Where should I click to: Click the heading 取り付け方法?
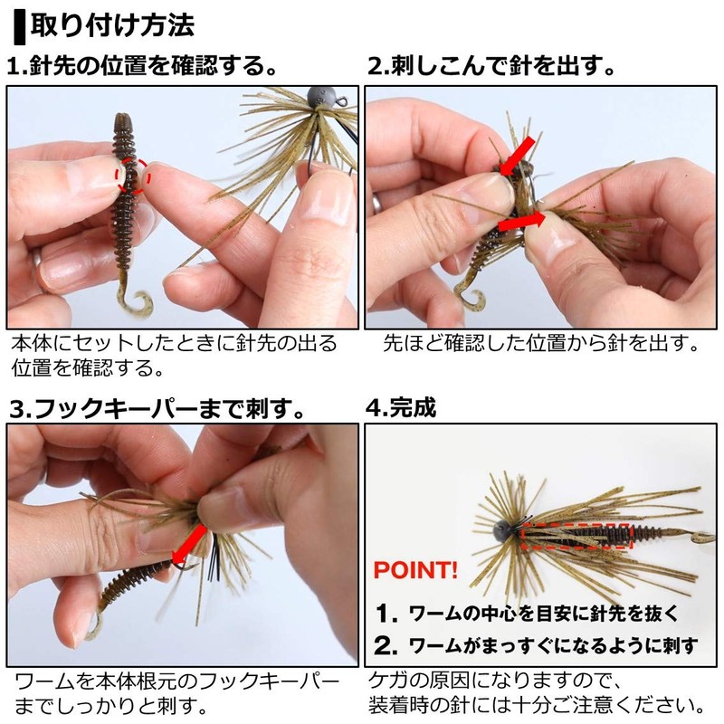(x=113, y=24)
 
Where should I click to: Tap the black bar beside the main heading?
(x=20, y=24)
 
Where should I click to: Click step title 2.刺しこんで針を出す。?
(x=493, y=66)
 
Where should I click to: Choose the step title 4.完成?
(x=401, y=408)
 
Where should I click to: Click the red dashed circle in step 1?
(x=133, y=174)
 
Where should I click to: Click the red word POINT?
(x=416, y=572)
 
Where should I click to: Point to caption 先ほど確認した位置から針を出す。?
(x=540, y=345)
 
